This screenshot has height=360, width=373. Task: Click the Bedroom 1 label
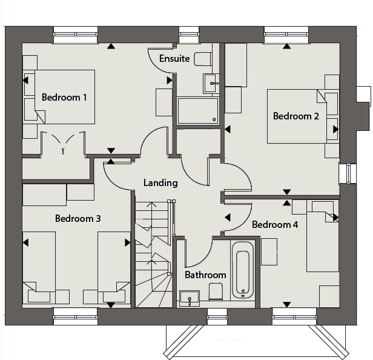pos(64,98)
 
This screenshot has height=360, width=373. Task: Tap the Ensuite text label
pos(174,59)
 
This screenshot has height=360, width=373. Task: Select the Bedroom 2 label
pos(296,116)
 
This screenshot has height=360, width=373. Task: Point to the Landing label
pos(160,183)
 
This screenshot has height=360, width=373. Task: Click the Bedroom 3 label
pos(78,219)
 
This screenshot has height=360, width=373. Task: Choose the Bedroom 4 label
pos(275,224)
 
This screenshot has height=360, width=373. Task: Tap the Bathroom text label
pos(205,275)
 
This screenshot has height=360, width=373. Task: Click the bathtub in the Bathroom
pos(243,270)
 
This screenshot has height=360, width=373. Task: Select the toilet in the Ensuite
pos(203,59)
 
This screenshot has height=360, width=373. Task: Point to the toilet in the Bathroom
pos(216,292)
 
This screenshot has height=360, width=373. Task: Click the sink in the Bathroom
pos(190,298)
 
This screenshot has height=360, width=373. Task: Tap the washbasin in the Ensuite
pos(210,84)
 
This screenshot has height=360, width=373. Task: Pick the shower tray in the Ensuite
pos(198,111)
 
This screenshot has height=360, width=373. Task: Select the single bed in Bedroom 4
pos(323,236)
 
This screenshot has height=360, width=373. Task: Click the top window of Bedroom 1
pos(76,35)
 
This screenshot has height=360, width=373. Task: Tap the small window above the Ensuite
pos(189,35)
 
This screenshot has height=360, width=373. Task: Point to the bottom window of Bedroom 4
pos(294,316)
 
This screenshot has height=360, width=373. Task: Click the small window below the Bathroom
pos(217,316)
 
